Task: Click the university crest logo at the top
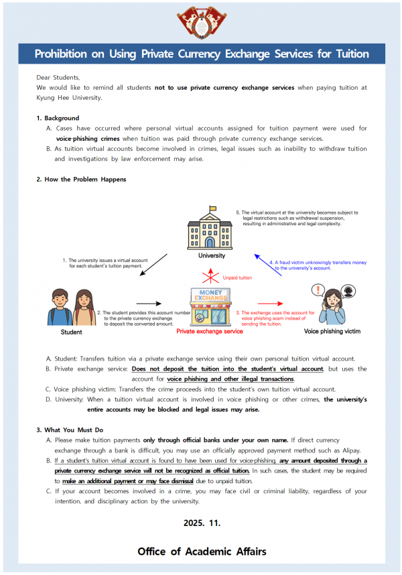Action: tap(201, 22)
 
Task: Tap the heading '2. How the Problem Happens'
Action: tap(81, 180)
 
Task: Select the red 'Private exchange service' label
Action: tap(210, 331)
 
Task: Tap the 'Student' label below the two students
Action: tap(72, 332)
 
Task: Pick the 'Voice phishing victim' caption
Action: tap(332, 331)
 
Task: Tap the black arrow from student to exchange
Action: tap(149, 303)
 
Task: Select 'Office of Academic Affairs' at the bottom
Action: tap(201, 552)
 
